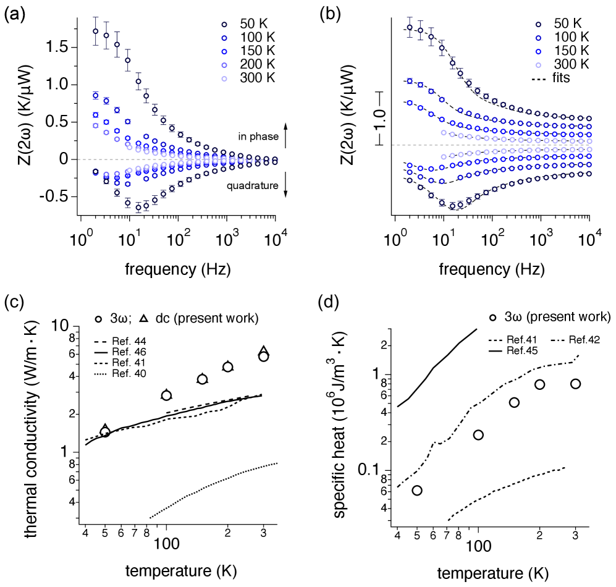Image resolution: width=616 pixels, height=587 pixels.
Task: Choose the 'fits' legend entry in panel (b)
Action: [x=559, y=78]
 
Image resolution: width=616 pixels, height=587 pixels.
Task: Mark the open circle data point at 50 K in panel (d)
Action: [x=417, y=491]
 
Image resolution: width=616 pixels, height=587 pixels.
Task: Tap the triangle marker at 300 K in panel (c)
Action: [x=264, y=351]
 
